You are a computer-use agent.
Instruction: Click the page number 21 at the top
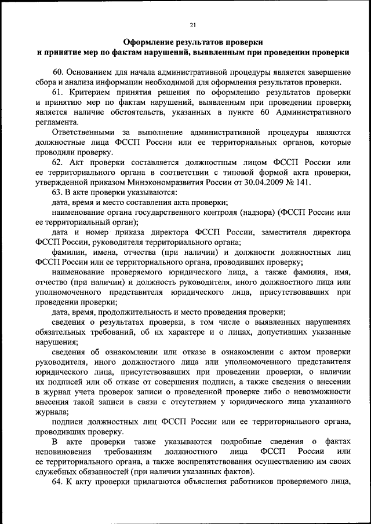(193, 24)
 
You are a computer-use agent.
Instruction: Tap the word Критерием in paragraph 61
(92, 92)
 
